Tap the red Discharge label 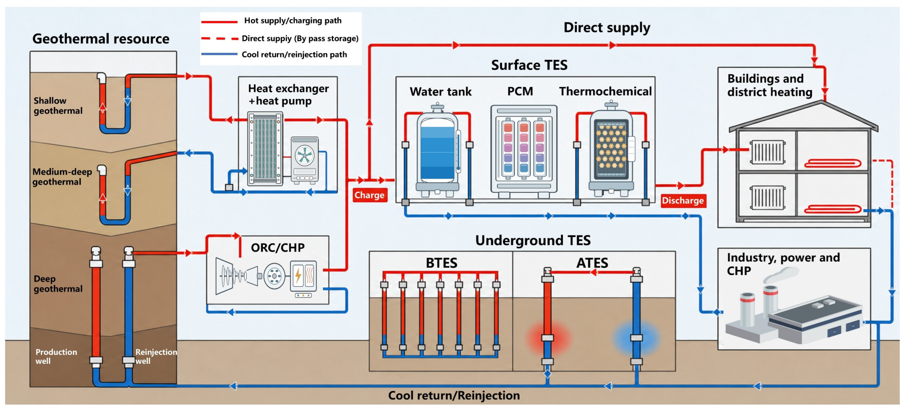click(683, 201)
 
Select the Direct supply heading click(607, 28)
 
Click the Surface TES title click(529, 65)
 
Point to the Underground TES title click(533, 240)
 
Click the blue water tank click(437, 149)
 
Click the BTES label click(441, 263)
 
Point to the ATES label click(592, 263)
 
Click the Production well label click(56, 356)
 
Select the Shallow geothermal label click(58, 105)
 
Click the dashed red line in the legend click(220, 38)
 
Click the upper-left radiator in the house click(767, 152)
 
